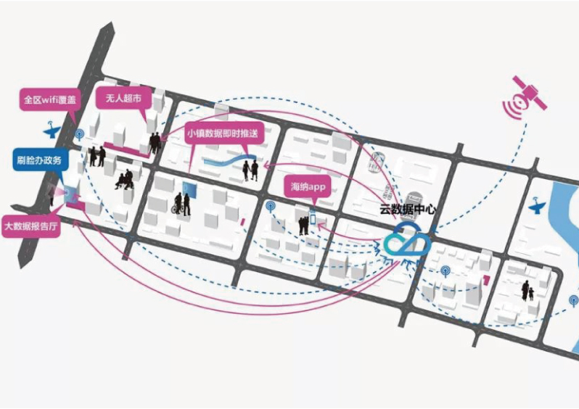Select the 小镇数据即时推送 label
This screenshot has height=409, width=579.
pyautogui.click(x=222, y=134)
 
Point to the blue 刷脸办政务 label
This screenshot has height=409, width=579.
pyautogui.click(x=41, y=160)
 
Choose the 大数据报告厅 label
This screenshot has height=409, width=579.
pyautogui.click(x=32, y=226)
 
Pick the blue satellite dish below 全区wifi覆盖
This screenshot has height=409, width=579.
pyautogui.click(x=52, y=133)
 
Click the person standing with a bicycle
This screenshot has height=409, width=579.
pyautogui.click(x=181, y=204)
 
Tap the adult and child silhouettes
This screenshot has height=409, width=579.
pyautogui.click(x=527, y=291)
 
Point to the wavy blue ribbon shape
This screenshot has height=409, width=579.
pyautogui.click(x=226, y=162)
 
